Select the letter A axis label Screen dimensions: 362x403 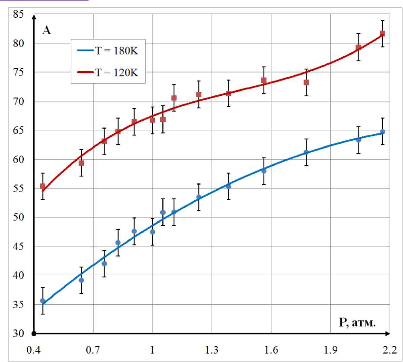click(46, 30)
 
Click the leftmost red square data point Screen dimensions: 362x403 click(42, 186)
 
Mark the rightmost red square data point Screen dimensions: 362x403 click(382, 34)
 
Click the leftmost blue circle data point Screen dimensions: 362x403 click(42, 301)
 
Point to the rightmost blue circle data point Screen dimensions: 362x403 click(382, 132)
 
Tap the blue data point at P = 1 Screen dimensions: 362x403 click(152, 232)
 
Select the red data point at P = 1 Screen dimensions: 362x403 click(152, 120)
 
